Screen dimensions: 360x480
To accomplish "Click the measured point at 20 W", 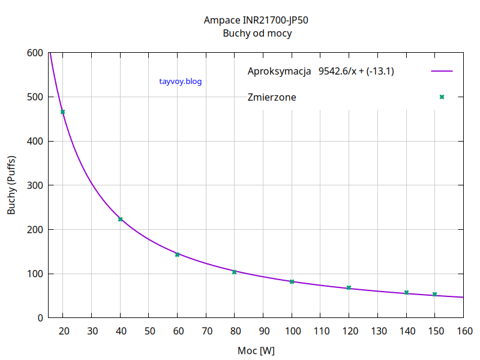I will pyautogui.click(x=62, y=112).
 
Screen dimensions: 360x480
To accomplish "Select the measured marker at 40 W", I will pyautogui.click(x=120, y=219).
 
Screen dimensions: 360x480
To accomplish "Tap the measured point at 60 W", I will pyautogui.click(x=177, y=254).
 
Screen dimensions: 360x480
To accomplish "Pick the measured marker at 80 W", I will pyautogui.click(x=235, y=272).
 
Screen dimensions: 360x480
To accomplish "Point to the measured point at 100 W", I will pyautogui.click(x=292, y=281).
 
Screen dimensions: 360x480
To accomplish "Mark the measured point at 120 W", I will pyautogui.click(x=349, y=288).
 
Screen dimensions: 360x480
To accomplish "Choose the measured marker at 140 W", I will pyautogui.click(x=406, y=292).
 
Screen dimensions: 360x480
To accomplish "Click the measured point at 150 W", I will pyautogui.click(x=434, y=294).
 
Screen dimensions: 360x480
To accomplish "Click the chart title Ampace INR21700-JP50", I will pyautogui.click(x=256, y=20).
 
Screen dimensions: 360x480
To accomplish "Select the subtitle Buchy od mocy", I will pyautogui.click(x=256, y=34).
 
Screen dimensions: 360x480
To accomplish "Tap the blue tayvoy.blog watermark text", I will pyautogui.click(x=181, y=81).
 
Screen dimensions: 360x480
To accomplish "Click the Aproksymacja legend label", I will pyautogui.click(x=279, y=71).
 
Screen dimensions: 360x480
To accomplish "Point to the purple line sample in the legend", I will pyautogui.click(x=442, y=71).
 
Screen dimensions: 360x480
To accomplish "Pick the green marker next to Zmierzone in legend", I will pyautogui.click(x=442, y=97).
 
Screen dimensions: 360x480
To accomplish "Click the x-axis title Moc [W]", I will pyautogui.click(x=256, y=350).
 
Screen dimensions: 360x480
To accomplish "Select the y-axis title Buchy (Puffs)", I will pyautogui.click(x=11, y=185).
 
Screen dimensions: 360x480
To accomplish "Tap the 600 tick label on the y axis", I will pyautogui.click(x=35, y=53).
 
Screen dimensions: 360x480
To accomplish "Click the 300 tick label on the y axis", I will pyautogui.click(x=35, y=185).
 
